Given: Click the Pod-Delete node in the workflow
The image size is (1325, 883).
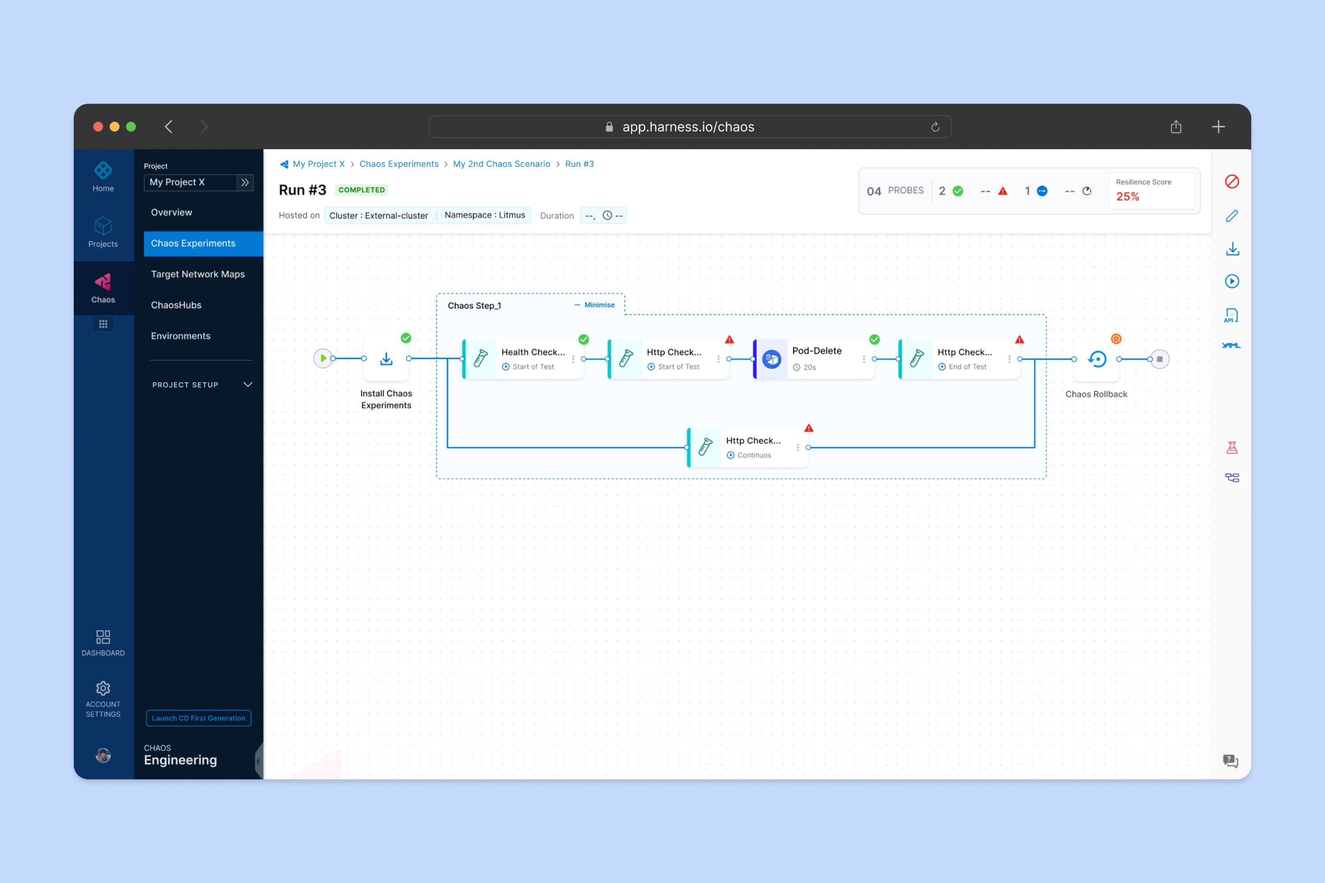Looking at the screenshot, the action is click(814, 358).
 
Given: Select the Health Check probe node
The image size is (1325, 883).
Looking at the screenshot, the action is click(523, 358).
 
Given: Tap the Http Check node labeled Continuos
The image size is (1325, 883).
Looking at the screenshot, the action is click(748, 447).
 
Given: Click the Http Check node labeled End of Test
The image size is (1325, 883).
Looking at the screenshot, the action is click(959, 358).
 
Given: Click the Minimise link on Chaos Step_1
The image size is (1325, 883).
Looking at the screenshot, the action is click(594, 305).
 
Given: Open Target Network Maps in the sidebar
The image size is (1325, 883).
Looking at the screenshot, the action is click(198, 274).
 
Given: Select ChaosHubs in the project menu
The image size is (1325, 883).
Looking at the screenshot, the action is click(176, 305).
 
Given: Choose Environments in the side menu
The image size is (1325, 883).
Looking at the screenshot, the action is click(181, 336).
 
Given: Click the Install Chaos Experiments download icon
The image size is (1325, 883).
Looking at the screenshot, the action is click(386, 358).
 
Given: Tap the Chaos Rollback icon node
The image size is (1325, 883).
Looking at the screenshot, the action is click(1097, 358).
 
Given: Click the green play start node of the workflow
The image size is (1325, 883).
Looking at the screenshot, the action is click(323, 358).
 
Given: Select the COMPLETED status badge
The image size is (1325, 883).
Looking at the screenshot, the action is click(362, 190).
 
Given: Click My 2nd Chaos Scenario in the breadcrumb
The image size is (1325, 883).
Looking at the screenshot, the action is click(501, 164).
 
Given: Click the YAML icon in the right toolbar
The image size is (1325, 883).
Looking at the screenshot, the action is click(1231, 345).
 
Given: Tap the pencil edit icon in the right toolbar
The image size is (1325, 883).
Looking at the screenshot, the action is click(1232, 216).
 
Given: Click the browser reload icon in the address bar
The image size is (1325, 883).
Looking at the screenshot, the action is click(935, 127).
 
